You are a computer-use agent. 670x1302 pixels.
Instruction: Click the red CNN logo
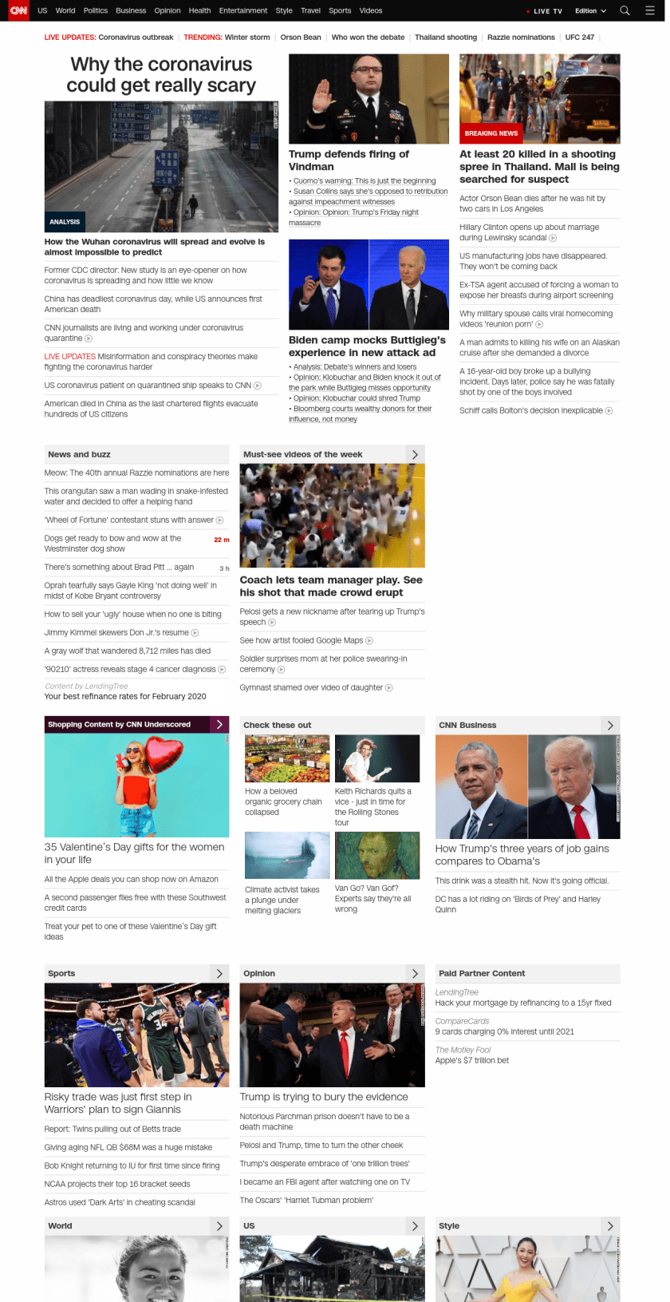click(x=18, y=10)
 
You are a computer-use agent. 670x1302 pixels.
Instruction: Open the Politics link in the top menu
click(x=96, y=11)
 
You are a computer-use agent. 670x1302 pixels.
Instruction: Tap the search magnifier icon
click(x=625, y=10)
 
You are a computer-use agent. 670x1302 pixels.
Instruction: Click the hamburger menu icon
click(x=650, y=10)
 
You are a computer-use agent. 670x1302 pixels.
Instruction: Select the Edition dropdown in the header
click(x=590, y=11)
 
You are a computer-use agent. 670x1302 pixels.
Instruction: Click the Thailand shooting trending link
click(x=446, y=38)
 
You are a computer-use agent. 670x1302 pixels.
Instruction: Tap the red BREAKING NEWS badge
click(x=491, y=133)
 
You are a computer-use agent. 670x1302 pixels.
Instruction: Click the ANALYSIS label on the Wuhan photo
click(x=65, y=222)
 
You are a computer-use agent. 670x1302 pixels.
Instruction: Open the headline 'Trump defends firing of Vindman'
click(x=349, y=160)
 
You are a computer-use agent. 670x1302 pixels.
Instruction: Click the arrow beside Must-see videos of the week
click(x=415, y=454)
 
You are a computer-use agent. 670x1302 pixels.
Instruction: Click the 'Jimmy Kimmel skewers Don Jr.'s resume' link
click(x=117, y=632)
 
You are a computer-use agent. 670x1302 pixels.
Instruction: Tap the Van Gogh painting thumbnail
click(x=377, y=855)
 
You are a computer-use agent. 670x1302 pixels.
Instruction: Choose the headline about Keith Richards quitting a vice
click(x=372, y=806)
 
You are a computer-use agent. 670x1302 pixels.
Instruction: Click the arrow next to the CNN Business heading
click(x=610, y=726)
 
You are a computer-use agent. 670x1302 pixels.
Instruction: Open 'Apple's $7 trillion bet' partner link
click(x=472, y=1061)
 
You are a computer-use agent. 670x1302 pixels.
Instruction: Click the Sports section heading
click(x=61, y=974)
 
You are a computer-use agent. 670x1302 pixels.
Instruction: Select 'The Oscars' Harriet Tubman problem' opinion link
click(x=306, y=1200)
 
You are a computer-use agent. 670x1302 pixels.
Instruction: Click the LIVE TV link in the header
click(x=547, y=11)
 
